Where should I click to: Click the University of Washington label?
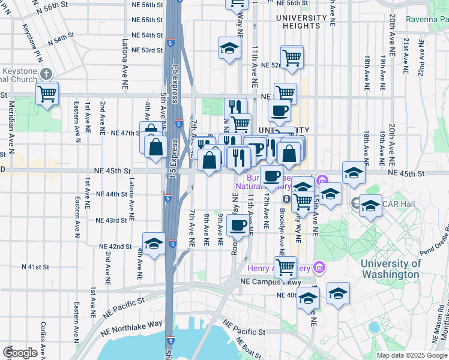tap(390, 269)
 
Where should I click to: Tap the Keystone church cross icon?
tap(47, 74)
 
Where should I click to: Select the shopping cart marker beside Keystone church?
tap(47, 94)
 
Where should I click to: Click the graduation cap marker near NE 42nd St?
tap(154, 244)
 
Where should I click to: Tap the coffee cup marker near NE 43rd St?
tap(238, 226)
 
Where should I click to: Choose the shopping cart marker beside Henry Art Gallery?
tap(285, 266)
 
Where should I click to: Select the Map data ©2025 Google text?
tap(411, 355)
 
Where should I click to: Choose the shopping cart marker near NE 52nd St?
tap(292, 58)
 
